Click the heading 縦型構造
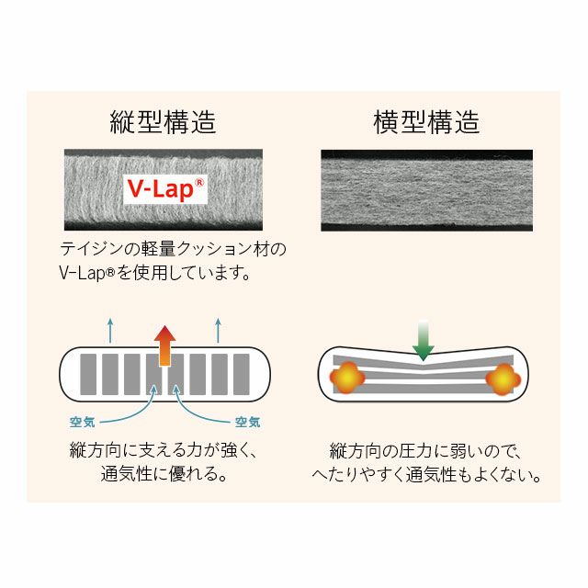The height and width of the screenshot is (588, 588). point(164,122)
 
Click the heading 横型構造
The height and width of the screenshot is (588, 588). point(426,122)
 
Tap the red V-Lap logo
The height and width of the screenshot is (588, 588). point(165,189)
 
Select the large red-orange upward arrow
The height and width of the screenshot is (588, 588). point(165,345)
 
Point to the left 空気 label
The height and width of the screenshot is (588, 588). point(83,422)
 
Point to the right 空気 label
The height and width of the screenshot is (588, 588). point(247,422)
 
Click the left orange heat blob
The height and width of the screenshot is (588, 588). point(347,378)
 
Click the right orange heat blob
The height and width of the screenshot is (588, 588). point(503,379)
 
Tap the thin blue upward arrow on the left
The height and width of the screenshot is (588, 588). point(110,331)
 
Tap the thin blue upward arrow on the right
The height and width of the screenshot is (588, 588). point(219,331)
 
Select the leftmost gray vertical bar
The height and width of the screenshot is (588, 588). point(88,374)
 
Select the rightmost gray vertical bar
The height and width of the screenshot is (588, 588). point(242,374)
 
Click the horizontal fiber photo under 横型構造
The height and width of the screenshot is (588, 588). point(426,190)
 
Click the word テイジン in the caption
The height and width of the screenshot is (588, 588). point(92,249)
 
